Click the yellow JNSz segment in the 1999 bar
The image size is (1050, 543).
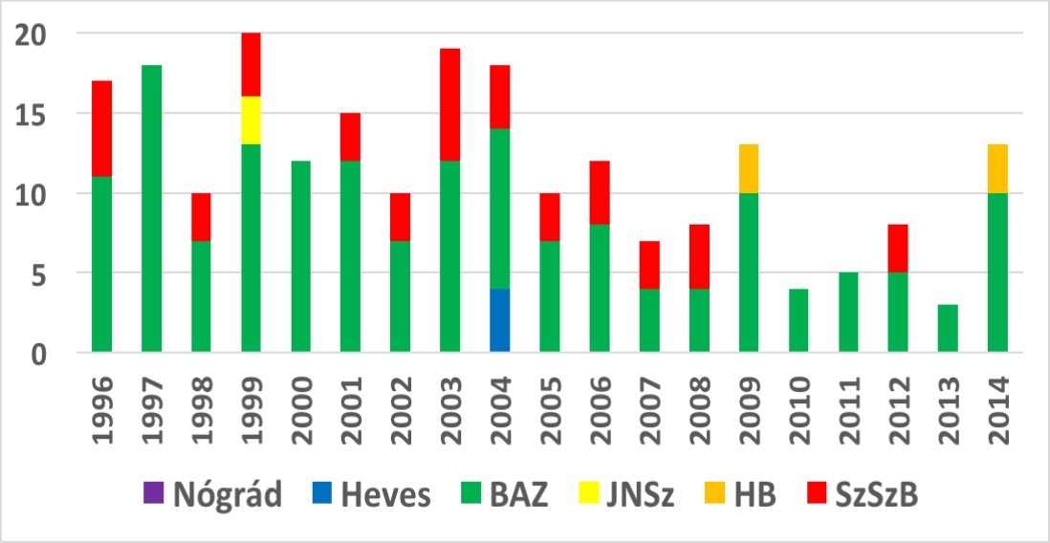click(252, 121)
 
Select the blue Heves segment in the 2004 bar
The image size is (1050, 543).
click(500, 321)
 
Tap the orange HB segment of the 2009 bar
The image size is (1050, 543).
click(749, 169)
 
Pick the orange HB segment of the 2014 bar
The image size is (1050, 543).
click(997, 169)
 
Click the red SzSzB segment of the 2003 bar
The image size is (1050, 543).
click(450, 105)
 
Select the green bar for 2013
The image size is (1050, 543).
click(948, 329)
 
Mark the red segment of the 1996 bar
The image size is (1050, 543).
click(102, 129)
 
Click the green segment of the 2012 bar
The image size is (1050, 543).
click(898, 314)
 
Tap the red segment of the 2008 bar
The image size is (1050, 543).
click(699, 257)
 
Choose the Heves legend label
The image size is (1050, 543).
click(387, 495)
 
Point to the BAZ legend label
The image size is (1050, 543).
click(515, 495)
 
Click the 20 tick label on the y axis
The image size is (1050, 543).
click(33, 34)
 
